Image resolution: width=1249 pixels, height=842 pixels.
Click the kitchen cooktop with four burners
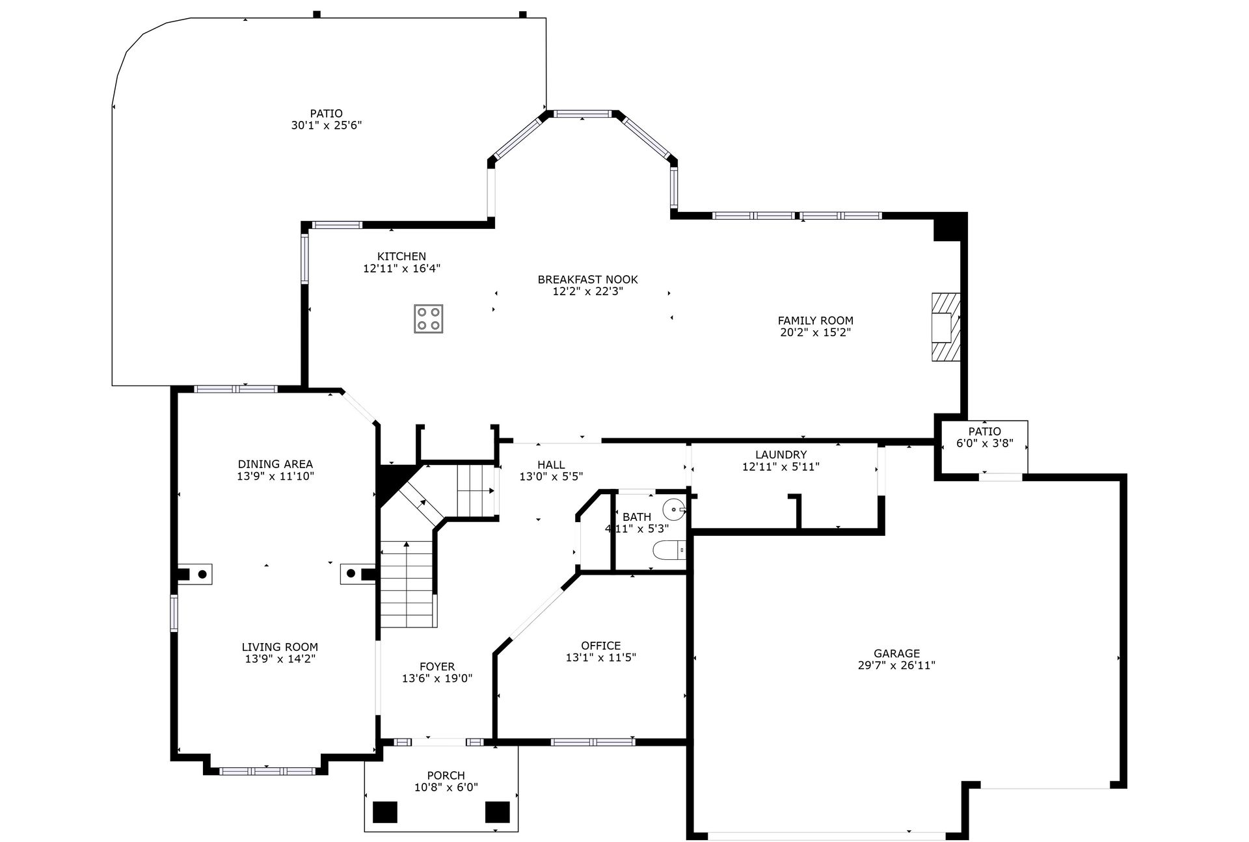(x=429, y=319)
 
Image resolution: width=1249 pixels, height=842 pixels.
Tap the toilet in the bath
(x=669, y=550)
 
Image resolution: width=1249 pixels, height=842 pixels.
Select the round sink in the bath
(x=674, y=508)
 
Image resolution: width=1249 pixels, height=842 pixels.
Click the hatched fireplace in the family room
(x=946, y=326)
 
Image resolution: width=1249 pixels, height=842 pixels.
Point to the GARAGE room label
(x=896, y=653)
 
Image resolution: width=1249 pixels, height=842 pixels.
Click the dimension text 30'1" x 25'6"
(x=326, y=125)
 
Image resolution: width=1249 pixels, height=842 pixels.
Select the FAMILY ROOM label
(x=815, y=321)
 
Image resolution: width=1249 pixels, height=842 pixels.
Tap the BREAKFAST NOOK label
(x=587, y=280)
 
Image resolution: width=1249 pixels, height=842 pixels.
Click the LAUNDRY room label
(x=781, y=454)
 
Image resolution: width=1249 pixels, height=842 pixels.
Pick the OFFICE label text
(x=600, y=646)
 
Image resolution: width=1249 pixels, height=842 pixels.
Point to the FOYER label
(x=437, y=666)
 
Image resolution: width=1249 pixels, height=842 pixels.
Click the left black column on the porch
(x=385, y=812)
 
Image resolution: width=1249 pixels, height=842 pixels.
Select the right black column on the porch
(x=498, y=812)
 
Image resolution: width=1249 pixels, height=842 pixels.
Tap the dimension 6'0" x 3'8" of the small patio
(x=984, y=443)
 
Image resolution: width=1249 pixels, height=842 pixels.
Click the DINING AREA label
(x=275, y=464)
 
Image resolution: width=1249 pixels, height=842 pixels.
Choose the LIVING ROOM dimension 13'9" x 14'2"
(x=280, y=659)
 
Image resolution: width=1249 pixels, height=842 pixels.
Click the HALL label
(x=551, y=465)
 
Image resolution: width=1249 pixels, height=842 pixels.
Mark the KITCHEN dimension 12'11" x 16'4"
(x=401, y=268)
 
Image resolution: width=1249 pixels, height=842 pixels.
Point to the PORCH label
(x=446, y=776)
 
